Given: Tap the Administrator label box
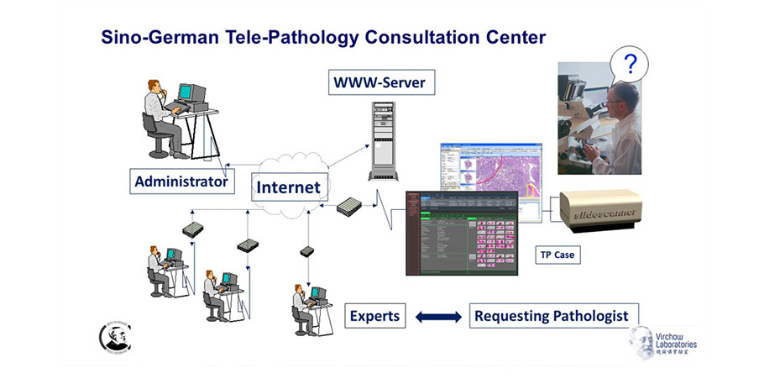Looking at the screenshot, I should coord(181,181).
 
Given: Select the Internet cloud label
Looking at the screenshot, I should coord(288,187).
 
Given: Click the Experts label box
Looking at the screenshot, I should coord(375,316).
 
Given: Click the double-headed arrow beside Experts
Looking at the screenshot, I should coord(438,317).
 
